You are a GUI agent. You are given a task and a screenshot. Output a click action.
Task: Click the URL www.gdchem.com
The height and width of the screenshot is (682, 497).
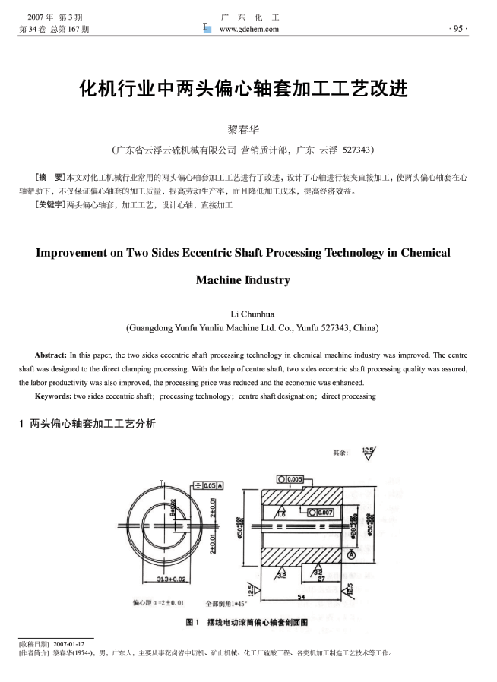pyautogui.click(x=248, y=29)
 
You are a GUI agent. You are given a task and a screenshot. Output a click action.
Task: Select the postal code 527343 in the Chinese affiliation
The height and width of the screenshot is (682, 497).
pyautogui.click(x=357, y=150)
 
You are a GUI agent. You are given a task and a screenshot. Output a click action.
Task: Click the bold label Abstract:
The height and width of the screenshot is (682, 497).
pyautogui.click(x=51, y=355)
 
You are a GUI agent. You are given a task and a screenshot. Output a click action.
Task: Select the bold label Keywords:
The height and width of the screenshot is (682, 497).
pyautogui.click(x=52, y=396)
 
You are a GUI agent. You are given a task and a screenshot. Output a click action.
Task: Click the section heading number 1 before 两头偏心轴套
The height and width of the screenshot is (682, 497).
pyautogui.click(x=21, y=424)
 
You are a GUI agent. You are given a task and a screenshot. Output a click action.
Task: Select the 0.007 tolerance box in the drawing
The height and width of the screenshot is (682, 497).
pyautogui.click(x=321, y=512)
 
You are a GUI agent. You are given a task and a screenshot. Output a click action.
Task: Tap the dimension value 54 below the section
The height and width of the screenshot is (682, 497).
pyautogui.click(x=302, y=597)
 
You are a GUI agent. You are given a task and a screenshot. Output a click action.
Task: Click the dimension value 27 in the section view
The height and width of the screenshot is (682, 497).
pyautogui.click(x=321, y=578)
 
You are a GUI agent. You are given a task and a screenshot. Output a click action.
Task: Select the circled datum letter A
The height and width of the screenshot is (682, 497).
pyautogui.click(x=351, y=556)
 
